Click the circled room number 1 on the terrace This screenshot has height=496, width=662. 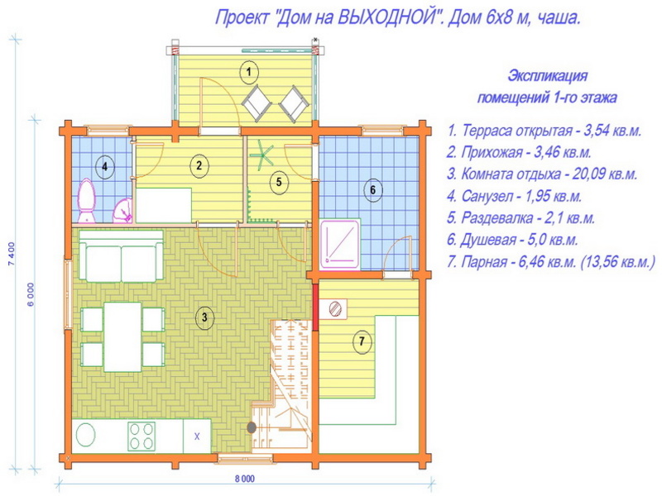(249, 72)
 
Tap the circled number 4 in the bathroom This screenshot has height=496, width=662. (105, 167)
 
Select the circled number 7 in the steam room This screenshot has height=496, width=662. (362, 341)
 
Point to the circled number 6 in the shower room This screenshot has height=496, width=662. (373, 190)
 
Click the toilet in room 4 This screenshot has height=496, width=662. (87, 200)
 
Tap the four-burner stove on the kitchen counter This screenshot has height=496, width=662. (142, 436)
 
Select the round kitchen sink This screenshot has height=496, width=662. (85, 436)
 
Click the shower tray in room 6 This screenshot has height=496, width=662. (340, 244)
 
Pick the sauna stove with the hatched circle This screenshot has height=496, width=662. (333, 308)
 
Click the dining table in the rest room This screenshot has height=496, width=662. (122, 337)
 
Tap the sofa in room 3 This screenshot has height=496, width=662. (121, 256)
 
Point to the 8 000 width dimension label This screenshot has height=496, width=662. (245, 479)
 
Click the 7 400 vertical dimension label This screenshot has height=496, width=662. (12, 254)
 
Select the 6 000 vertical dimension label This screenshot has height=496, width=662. (31, 294)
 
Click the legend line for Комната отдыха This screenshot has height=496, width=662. (542, 174)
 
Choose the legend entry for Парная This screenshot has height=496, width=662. (551, 262)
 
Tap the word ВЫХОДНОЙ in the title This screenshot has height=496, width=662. (387, 18)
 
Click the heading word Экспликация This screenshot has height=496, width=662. (547, 76)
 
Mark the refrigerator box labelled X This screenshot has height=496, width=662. (197, 436)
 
